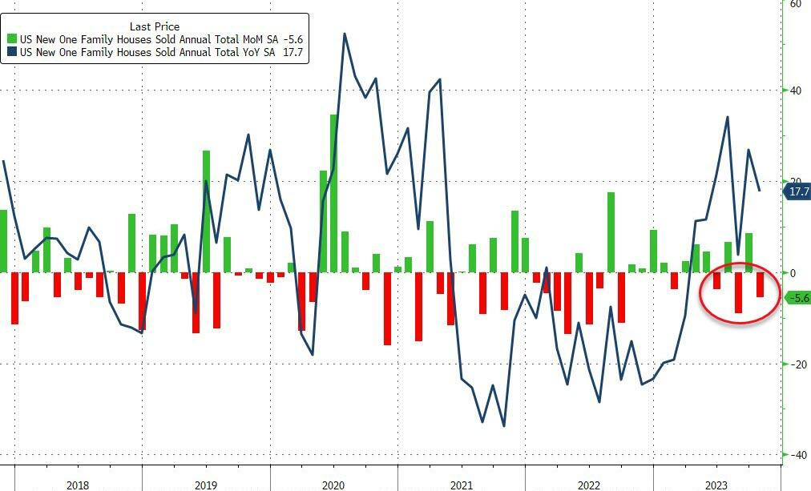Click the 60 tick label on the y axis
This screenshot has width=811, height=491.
(795, 5)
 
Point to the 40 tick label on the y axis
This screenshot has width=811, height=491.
(795, 91)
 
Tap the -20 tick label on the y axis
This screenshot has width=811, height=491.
(795, 364)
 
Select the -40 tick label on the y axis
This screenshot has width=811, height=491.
(795, 455)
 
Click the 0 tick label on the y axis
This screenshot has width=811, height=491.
(793, 273)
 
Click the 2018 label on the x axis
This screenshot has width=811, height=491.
(78, 485)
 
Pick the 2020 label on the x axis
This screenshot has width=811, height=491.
(333, 485)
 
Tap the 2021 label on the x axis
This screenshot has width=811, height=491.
(461, 485)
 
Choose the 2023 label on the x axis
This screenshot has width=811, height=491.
(716, 485)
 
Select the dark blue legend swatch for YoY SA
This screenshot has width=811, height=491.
(13, 52)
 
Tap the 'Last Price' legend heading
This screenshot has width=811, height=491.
(155, 26)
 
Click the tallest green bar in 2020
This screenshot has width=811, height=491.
(334, 192)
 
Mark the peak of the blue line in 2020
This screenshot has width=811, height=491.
(345, 34)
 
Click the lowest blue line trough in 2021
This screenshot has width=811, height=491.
(503, 425)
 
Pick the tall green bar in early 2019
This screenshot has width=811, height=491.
(206, 211)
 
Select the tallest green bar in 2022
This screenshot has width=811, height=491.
(611, 231)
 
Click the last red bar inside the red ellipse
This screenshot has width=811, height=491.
(760, 284)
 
